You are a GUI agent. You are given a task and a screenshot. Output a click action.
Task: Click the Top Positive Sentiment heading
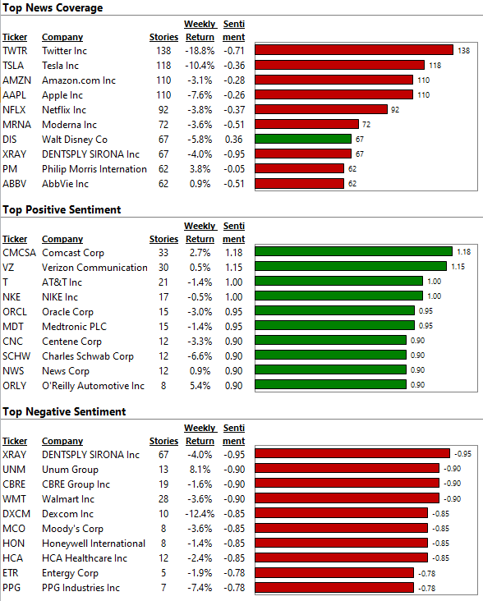[x=62, y=209]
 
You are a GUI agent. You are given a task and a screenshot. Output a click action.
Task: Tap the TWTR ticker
[x=15, y=51]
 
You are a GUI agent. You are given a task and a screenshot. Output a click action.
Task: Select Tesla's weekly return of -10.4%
[x=200, y=66]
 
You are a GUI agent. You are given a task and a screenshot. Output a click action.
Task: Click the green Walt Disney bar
[x=303, y=139]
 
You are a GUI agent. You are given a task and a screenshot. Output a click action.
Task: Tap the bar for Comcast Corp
[x=353, y=251]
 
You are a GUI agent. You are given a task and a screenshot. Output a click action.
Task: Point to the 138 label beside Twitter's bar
[x=464, y=51]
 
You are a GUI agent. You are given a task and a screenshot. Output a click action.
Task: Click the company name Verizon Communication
[x=94, y=268]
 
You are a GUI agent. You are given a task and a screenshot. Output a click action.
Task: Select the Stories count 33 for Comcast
[x=163, y=253]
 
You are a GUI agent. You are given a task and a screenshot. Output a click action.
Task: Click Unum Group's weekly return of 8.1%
[x=200, y=470]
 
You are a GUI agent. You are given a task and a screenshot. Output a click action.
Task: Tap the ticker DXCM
[x=16, y=514]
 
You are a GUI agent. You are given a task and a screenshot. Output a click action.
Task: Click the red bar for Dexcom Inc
[x=341, y=513]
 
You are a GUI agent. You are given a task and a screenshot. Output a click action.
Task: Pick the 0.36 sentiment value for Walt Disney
[x=234, y=139]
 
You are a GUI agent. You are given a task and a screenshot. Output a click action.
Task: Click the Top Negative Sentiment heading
[x=64, y=411]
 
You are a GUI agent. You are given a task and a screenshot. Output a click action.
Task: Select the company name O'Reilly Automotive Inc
[x=93, y=386]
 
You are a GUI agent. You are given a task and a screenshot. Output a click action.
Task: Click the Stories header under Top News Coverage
[x=163, y=37]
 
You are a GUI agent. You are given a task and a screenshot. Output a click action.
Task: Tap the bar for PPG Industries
[x=334, y=587]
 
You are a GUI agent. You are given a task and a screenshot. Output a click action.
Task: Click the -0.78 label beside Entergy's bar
[x=426, y=573]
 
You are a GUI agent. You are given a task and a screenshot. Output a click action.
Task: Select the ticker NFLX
[x=14, y=110]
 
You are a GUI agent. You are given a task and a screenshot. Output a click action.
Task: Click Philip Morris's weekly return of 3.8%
[x=200, y=169]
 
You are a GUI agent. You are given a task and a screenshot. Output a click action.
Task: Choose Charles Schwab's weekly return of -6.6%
[x=200, y=356]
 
